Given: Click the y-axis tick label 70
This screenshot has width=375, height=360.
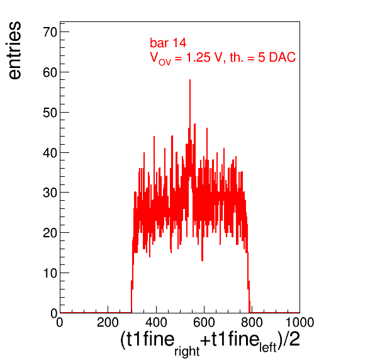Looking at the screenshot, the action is pyautogui.click(x=50, y=32).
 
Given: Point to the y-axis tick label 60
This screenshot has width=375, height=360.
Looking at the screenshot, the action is pyautogui.click(x=50, y=72).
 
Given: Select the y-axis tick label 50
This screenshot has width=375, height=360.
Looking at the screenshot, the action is pyautogui.click(x=50, y=113).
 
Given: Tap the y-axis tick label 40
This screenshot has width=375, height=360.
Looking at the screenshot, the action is pyautogui.click(x=50, y=153).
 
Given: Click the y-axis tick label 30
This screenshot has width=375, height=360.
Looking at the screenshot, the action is pyautogui.click(x=50, y=193).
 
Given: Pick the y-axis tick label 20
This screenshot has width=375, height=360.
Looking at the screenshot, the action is pyautogui.click(x=50, y=233).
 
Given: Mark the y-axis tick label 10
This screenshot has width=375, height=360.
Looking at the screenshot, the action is pyautogui.click(x=50, y=273).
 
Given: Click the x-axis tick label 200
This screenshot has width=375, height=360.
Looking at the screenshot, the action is pyautogui.click(x=108, y=322).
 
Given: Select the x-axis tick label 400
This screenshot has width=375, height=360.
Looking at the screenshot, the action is pyautogui.click(x=156, y=322).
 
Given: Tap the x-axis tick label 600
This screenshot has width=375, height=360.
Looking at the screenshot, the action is pyautogui.click(x=204, y=322).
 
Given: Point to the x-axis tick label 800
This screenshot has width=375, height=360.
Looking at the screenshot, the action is pyautogui.click(x=252, y=322).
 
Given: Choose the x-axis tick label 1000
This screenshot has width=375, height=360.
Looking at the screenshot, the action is pyautogui.click(x=299, y=322).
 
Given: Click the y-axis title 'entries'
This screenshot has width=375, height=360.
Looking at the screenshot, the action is pyautogui.click(x=15, y=50).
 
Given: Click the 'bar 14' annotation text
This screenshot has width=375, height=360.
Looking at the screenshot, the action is pyautogui.click(x=168, y=43).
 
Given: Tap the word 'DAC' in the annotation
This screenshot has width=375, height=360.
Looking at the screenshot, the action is pyautogui.click(x=283, y=58).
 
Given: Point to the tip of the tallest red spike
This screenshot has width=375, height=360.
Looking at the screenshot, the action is pyautogui.click(x=190, y=80).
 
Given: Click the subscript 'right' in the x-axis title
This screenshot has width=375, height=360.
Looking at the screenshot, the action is pyautogui.click(x=187, y=351).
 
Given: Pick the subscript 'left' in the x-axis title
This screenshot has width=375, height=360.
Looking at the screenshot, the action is pyautogui.click(x=268, y=347).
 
